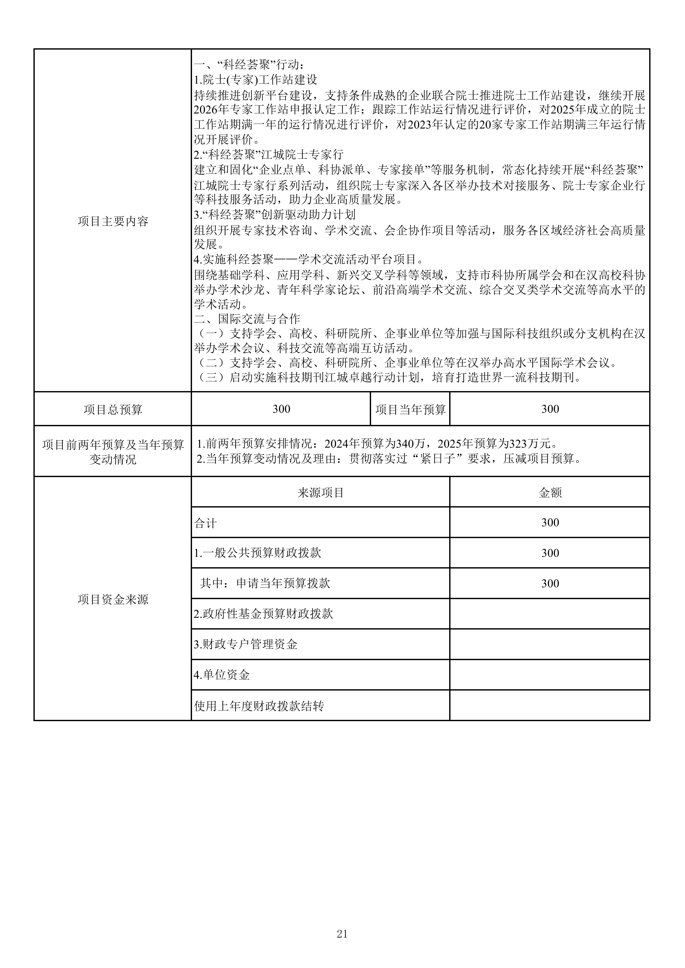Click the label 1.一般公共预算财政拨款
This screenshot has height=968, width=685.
pos(257,553)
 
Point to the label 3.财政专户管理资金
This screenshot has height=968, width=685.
pos(246,644)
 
